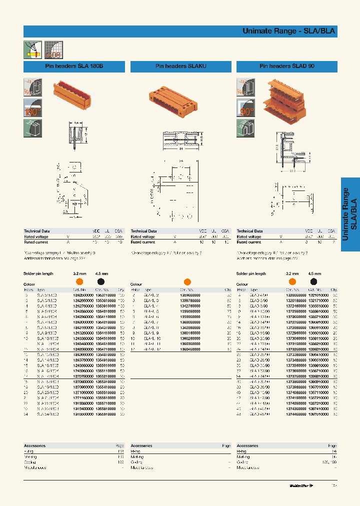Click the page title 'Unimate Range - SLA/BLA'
tap(288, 31)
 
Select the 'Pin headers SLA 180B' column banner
tap(74, 66)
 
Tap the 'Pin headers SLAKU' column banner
tap(180, 66)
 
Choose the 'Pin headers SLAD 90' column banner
tap(287, 66)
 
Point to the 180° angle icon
tap(32, 108)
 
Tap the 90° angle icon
tap(245, 108)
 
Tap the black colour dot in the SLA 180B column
tap(100, 282)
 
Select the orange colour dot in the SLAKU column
tap(187, 281)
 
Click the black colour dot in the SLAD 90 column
tap(313, 282)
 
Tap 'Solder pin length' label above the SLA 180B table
tap(39, 274)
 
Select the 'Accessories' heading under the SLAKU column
tap(141, 445)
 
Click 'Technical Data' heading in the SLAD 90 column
tap(250, 231)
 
